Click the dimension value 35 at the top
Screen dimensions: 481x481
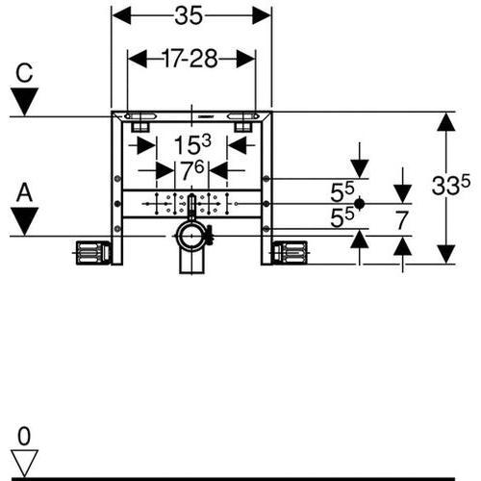pyautogui.click(x=189, y=15)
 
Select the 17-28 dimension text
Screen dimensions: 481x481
pyautogui.click(x=190, y=59)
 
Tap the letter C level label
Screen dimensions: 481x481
pyautogui.click(x=24, y=73)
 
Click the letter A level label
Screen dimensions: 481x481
pyautogui.click(x=25, y=192)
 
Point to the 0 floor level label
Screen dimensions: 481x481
pyautogui.click(x=24, y=436)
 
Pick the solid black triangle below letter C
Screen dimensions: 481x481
pyautogui.click(x=24, y=102)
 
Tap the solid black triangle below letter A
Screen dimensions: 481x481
pyautogui.click(x=24, y=221)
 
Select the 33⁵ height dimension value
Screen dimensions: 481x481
pyautogui.click(x=450, y=185)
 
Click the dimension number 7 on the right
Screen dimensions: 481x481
pyautogui.click(x=401, y=220)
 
